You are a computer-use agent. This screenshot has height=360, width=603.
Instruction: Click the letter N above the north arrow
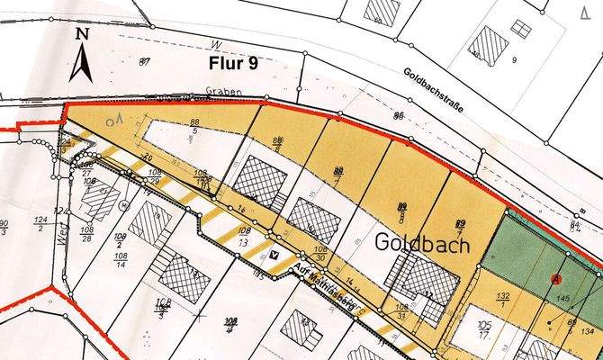[x=82, y=34]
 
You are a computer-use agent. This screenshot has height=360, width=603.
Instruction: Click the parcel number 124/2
[x=41, y=223]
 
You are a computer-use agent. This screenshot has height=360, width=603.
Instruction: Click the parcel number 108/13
[x=238, y=238]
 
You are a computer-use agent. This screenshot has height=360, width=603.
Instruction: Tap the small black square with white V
[x=274, y=256]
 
